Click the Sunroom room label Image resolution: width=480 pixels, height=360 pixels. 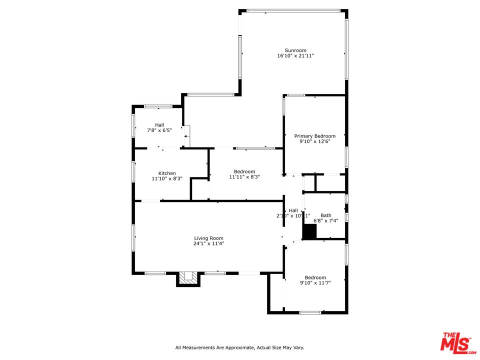[x=295, y=50]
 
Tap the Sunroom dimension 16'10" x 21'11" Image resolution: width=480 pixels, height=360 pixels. [x=295, y=56]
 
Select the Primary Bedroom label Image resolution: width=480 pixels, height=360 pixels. [x=314, y=136]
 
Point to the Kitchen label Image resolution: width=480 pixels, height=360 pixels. [x=167, y=173]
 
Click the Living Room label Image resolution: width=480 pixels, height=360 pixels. [x=209, y=238]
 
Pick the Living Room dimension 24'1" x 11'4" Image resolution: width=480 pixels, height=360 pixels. [x=209, y=244]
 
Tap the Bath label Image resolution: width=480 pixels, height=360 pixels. [x=326, y=215]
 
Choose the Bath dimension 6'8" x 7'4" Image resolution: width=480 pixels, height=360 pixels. [x=326, y=221]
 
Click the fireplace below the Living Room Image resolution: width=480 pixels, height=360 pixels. [x=188, y=278]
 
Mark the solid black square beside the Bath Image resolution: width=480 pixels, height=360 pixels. [x=310, y=231]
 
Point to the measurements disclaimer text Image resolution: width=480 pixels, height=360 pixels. [x=239, y=347]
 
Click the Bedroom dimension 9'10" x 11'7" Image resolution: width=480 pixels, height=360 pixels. [x=315, y=283]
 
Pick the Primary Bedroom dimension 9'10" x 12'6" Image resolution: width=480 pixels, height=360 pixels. [x=314, y=141]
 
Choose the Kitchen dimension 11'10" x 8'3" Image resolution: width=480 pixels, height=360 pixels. [x=167, y=178]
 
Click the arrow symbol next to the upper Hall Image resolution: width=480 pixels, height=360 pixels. [x=186, y=135]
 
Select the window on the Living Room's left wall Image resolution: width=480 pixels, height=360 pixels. [x=133, y=237]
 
